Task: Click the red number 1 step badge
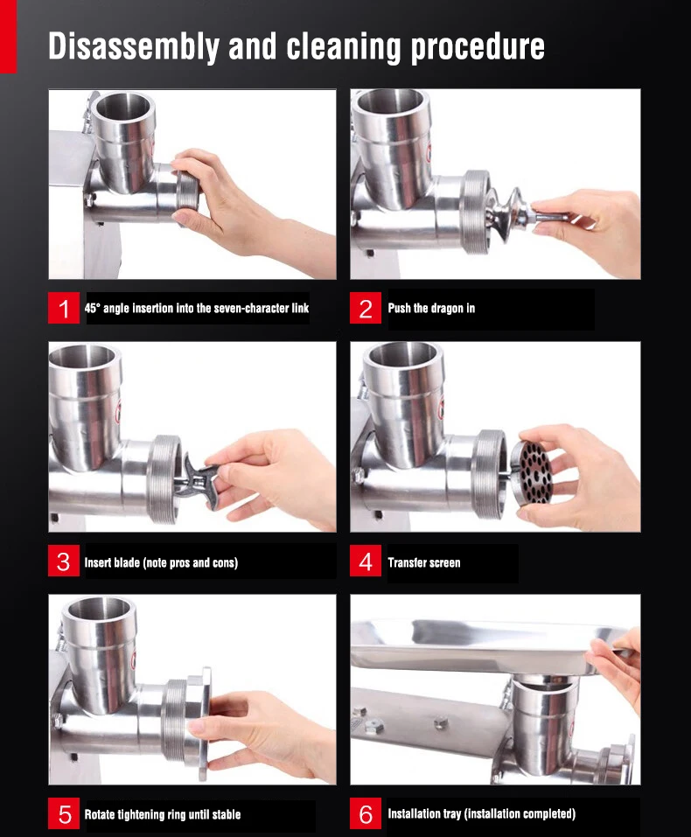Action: click(x=64, y=309)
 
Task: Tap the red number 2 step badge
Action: click(x=366, y=309)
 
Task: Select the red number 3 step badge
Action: click(x=64, y=561)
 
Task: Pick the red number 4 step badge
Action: click(x=366, y=561)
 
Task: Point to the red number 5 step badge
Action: click(x=64, y=814)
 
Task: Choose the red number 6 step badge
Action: click(x=366, y=814)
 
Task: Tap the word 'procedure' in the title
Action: click(x=478, y=47)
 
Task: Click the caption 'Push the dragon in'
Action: click(x=431, y=309)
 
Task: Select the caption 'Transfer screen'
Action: click(x=423, y=562)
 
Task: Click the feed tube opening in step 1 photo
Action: click(x=125, y=106)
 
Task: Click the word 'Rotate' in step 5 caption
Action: click(x=101, y=815)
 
